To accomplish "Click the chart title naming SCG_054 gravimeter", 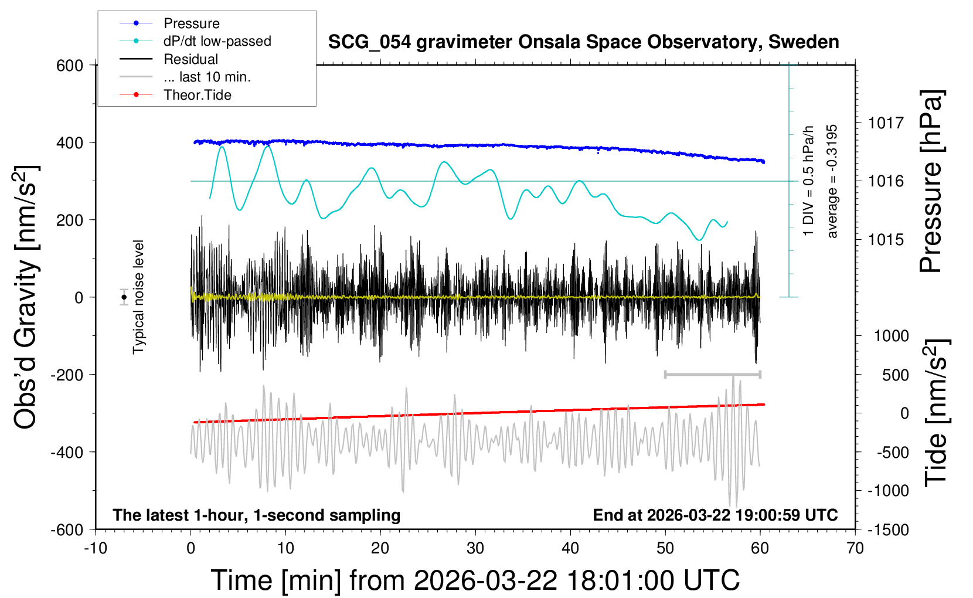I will pos(583,42).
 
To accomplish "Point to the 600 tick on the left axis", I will pos(70,65).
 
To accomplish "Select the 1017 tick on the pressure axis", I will pos(886,123).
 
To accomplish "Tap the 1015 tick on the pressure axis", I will pos(886,239).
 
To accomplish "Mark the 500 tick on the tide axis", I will pos(895,375).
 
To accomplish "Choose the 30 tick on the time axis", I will pos(475,549).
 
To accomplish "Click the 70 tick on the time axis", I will pos(855,549).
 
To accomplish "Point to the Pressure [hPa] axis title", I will pos(931,182).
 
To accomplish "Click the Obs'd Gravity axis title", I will pos(26,297).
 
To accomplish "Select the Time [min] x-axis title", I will pos(475,580).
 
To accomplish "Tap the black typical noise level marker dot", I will pos(124,297).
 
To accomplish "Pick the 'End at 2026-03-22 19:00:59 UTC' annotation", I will pos(715,515).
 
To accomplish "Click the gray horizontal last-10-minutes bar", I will pos(712,374).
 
